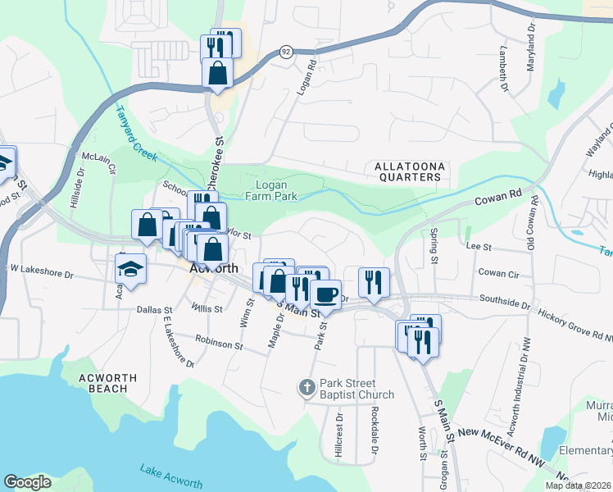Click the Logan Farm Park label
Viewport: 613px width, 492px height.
(271, 190)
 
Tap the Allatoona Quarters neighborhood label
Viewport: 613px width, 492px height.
(410, 171)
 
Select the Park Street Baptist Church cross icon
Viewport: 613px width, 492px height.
(306, 387)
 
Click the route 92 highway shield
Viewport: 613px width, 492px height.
(285, 51)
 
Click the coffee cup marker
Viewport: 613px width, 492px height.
(325, 294)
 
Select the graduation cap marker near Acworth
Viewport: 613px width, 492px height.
(130, 270)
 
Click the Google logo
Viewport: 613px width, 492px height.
(28, 482)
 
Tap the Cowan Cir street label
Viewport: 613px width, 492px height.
(498, 272)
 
